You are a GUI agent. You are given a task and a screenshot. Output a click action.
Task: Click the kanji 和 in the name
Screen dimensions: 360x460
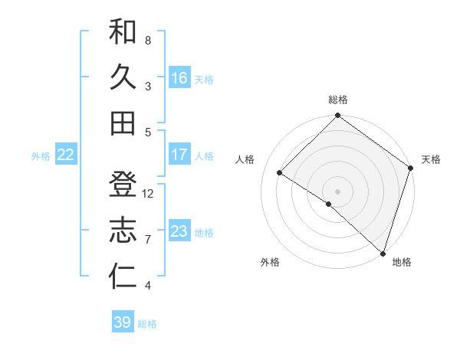click(123, 32)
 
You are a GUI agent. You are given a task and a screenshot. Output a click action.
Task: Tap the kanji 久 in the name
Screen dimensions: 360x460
click(123, 77)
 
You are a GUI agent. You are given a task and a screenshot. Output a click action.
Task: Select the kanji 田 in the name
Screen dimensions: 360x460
click(123, 123)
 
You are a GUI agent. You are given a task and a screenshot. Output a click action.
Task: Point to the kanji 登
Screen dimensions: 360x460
click(123, 185)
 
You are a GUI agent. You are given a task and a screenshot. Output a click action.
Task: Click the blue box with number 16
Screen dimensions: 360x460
click(179, 77)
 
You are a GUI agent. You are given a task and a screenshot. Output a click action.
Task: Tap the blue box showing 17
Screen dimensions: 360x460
click(179, 155)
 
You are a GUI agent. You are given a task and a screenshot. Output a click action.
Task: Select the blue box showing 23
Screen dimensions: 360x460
click(179, 231)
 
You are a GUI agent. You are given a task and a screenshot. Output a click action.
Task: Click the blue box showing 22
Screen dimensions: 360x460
click(66, 155)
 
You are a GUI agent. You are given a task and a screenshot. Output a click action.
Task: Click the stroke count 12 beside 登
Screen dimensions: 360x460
click(149, 194)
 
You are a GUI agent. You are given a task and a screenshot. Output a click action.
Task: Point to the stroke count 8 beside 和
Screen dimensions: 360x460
click(147, 40)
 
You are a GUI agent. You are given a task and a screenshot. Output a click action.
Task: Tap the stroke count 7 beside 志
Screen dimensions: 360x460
click(147, 240)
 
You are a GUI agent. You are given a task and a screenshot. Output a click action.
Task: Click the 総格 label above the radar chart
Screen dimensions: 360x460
click(338, 100)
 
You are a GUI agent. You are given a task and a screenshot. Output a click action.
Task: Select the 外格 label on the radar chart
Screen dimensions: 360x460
click(270, 262)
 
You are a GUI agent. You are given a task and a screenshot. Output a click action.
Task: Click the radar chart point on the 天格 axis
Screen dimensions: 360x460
click(411, 168)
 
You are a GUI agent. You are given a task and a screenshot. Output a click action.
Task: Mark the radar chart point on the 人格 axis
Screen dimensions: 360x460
click(280, 173)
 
